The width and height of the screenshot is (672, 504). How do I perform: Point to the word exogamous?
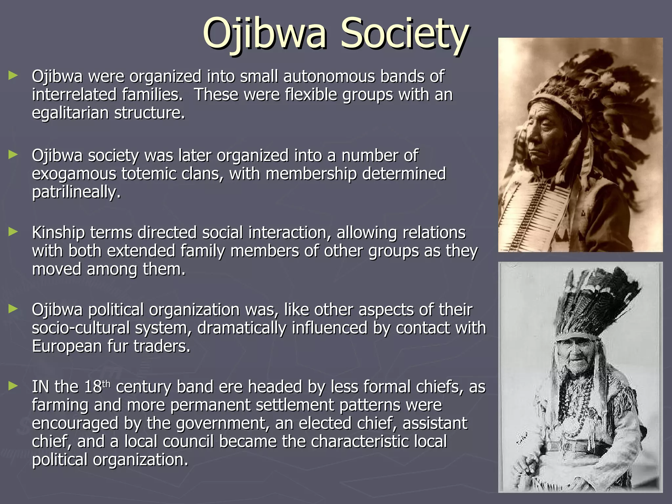coord(74,174)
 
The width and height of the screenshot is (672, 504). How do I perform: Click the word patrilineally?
coord(76,192)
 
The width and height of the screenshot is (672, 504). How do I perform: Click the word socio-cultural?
coord(81,328)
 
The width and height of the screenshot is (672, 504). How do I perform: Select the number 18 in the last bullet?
coord(93,387)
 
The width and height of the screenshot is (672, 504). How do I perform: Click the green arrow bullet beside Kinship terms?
coord(13,232)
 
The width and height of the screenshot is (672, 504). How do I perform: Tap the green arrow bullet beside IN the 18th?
coord(13,386)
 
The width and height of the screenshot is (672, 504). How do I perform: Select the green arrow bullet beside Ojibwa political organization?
coord(13,309)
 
